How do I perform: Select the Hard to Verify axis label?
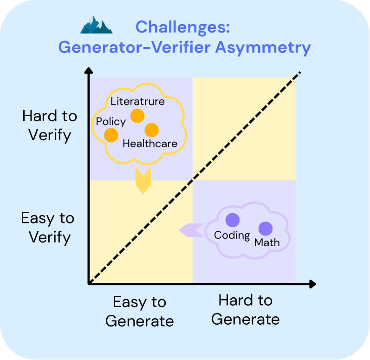[x=49, y=125]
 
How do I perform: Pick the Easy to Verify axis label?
[x=48, y=228]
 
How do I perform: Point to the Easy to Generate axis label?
[x=139, y=311]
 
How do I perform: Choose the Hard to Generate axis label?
[x=245, y=310]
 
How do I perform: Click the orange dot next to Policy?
[x=111, y=135]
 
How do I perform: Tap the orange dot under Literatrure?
[x=137, y=116]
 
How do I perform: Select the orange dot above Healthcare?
[x=151, y=130]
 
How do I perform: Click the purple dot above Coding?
[x=232, y=220]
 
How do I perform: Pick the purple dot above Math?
[x=265, y=229]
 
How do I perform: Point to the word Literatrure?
[x=137, y=101]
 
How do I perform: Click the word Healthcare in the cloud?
[x=150, y=144]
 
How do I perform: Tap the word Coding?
[x=232, y=235]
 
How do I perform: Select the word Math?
[x=267, y=242]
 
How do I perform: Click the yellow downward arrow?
[x=143, y=181]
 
